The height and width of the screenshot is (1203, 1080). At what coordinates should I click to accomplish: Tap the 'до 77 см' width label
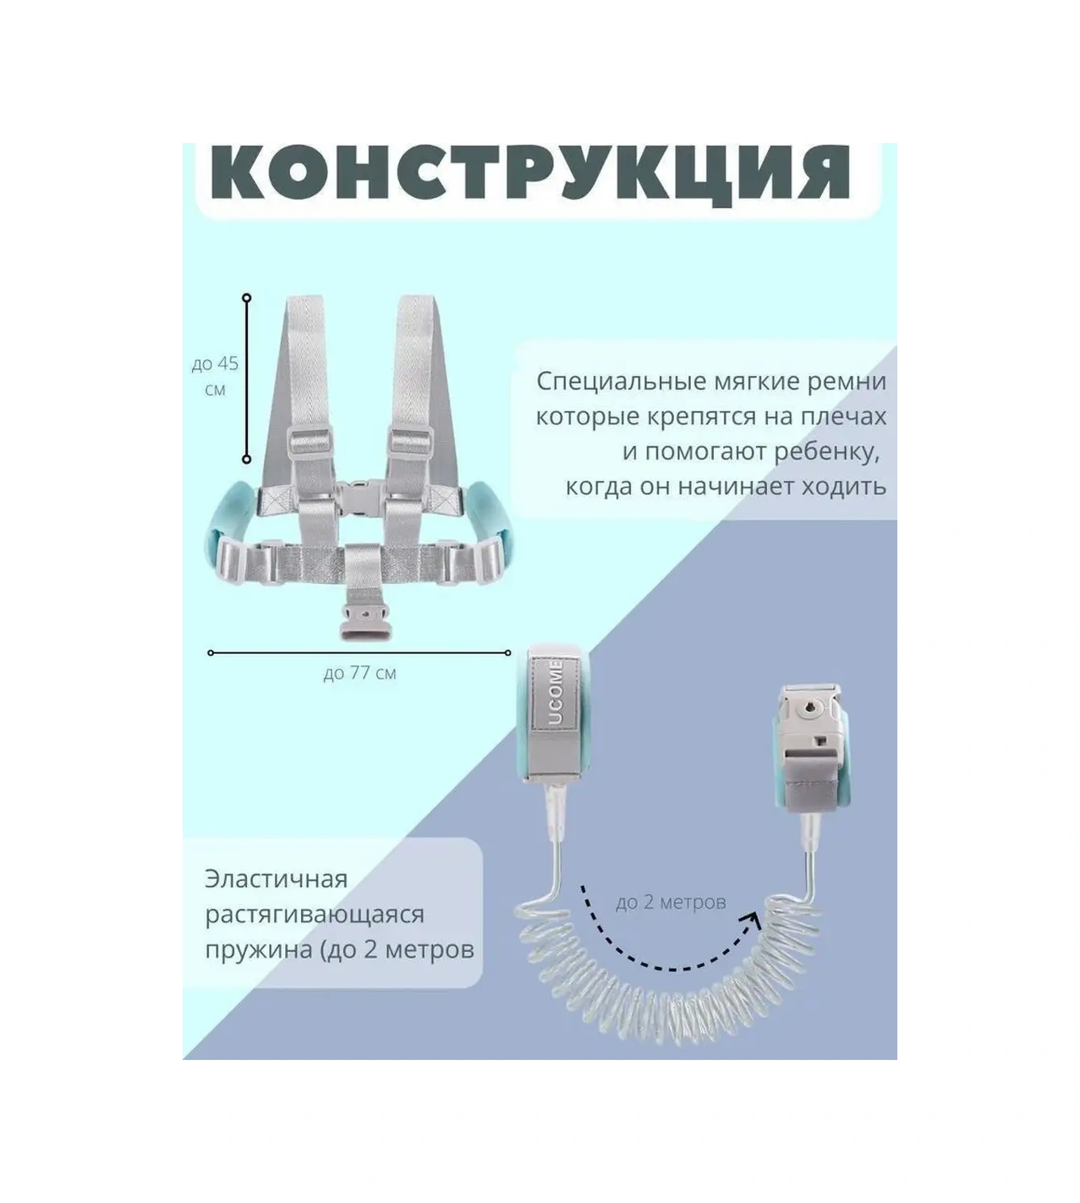click(x=360, y=673)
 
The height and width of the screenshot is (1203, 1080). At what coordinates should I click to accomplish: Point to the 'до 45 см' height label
click(x=215, y=376)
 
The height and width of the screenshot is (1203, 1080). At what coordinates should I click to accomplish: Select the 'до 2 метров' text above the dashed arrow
click(x=670, y=902)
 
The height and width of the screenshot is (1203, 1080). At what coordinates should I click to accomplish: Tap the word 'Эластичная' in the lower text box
click(x=276, y=879)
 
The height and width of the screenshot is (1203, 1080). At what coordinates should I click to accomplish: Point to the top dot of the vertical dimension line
click(x=247, y=297)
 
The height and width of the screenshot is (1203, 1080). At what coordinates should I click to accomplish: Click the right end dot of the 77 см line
click(x=508, y=653)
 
